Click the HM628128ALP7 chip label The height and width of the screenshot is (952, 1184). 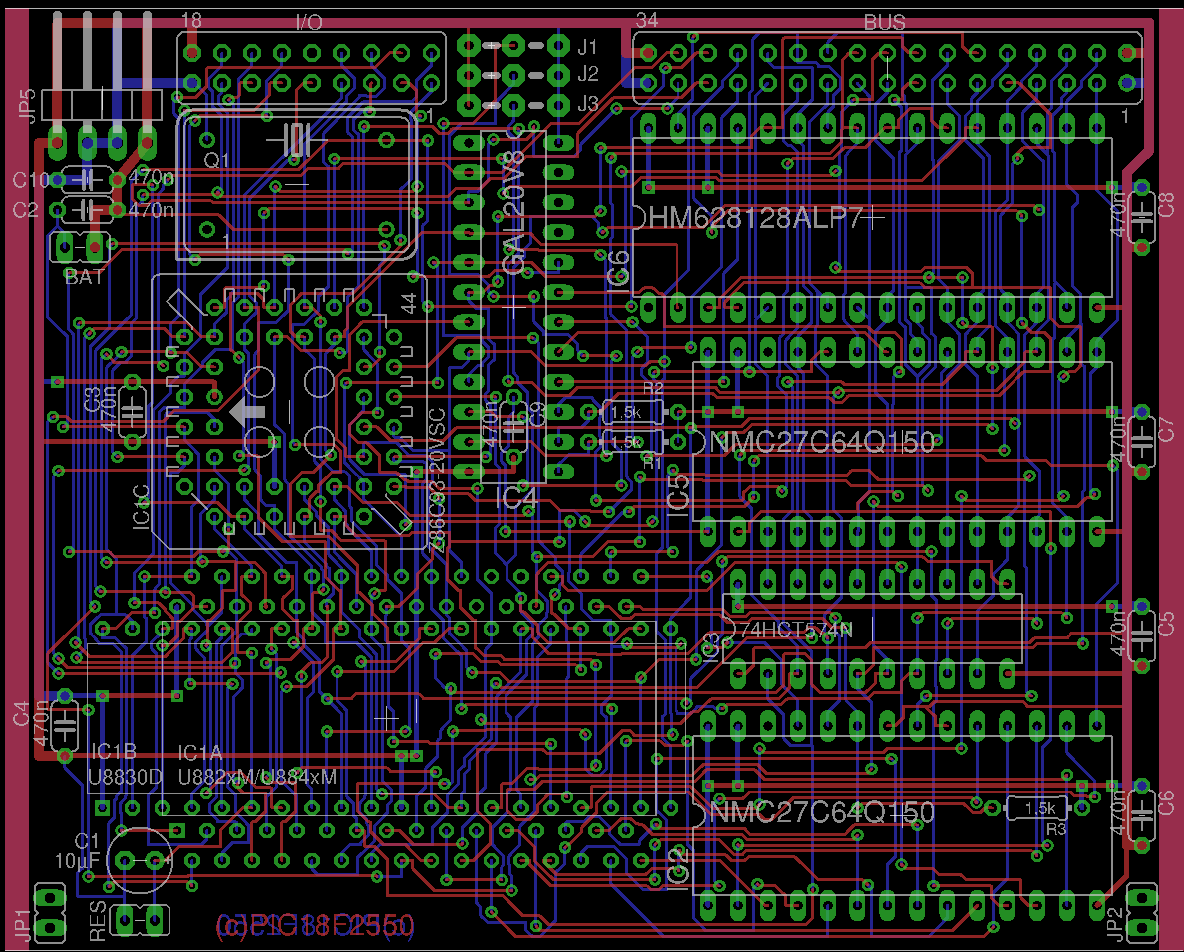(x=755, y=218)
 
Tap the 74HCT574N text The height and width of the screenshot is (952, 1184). (x=796, y=630)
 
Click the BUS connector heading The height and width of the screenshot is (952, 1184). (x=884, y=22)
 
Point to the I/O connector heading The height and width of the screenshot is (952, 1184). (x=309, y=22)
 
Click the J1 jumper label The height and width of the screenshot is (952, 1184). (x=588, y=47)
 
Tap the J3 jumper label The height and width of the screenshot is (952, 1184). (x=588, y=104)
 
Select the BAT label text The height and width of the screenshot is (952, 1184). (x=85, y=277)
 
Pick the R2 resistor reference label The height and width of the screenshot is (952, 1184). (x=653, y=388)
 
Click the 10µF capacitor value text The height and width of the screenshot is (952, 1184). (x=77, y=861)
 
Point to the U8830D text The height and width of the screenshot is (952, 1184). (x=125, y=777)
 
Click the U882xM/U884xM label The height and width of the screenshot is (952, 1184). (x=257, y=777)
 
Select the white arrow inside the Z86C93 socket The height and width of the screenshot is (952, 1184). (x=247, y=411)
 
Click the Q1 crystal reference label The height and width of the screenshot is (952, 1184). (x=216, y=160)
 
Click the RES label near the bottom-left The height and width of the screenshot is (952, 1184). (x=98, y=921)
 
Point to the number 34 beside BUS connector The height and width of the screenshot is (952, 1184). (x=647, y=21)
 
